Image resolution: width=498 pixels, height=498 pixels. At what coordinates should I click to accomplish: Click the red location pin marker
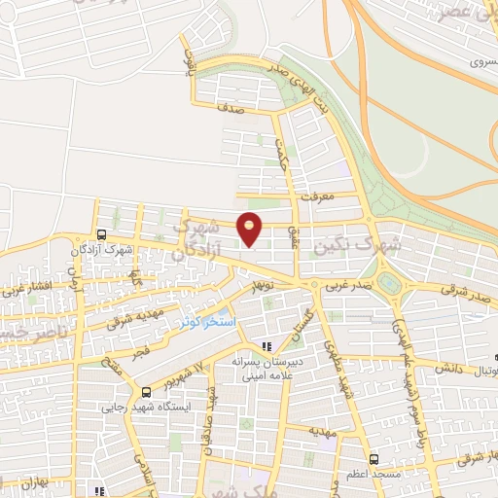pyautogui.click(x=251, y=229)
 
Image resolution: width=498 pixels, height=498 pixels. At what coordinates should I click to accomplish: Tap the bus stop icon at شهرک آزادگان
pyautogui.click(x=101, y=234)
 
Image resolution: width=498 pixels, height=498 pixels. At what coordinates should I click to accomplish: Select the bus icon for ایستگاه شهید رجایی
pyautogui.click(x=145, y=392)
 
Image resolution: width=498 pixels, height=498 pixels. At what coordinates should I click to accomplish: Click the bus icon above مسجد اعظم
pyautogui.click(x=373, y=458)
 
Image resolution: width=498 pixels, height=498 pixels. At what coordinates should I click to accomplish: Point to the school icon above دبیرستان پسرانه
pyautogui.click(x=269, y=346)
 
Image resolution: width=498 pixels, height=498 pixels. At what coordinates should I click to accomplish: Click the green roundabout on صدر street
pyautogui.click(x=390, y=284)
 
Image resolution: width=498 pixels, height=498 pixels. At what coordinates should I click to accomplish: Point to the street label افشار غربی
pyautogui.click(x=21, y=288)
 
